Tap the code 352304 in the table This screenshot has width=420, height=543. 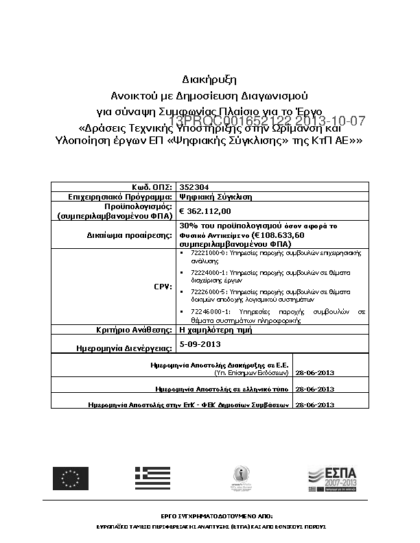189,186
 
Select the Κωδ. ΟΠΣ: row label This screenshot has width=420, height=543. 152,186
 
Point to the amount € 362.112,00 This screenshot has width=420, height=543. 205,211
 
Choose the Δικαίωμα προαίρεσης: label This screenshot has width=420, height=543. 135,234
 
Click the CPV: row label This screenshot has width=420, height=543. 163,287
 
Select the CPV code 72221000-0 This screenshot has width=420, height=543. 207,253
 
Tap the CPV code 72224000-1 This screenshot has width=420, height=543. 207,272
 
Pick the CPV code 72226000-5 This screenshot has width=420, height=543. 207,291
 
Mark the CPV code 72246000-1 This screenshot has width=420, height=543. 207,311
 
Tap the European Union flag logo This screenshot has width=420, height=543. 71,478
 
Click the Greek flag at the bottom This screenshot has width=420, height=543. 152,478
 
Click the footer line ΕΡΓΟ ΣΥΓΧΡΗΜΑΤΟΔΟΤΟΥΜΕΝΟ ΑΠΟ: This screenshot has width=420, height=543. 209,514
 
